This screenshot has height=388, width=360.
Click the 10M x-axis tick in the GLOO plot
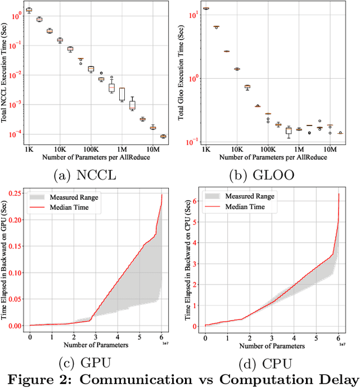[330, 150]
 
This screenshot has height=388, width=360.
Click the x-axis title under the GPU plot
[96, 344]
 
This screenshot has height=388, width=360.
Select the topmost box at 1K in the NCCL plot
[29, 10]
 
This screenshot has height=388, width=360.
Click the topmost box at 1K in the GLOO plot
[206, 8]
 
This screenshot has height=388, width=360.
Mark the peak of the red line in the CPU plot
[339, 194]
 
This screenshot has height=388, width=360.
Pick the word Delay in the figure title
[339, 377]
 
